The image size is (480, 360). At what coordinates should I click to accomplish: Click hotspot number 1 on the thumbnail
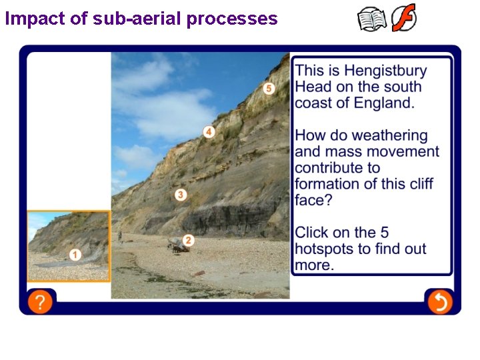[75, 255]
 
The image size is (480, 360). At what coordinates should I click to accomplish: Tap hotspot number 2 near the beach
[189, 240]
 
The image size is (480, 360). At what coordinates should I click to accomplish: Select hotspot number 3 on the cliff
[181, 195]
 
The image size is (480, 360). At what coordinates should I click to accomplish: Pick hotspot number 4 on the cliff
[209, 132]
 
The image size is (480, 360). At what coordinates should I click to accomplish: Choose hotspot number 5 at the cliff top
[269, 88]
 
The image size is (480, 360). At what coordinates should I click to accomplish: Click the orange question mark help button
[40, 302]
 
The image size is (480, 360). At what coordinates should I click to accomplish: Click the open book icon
[371, 19]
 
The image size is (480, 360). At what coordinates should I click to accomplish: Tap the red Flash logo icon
[403, 18]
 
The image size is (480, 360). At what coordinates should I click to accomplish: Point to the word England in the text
[382, 103]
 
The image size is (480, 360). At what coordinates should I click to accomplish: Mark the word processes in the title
[231, 19]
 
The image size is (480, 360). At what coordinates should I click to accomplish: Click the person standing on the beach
[120, 237]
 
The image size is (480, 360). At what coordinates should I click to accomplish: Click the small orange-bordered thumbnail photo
[68, 246]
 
